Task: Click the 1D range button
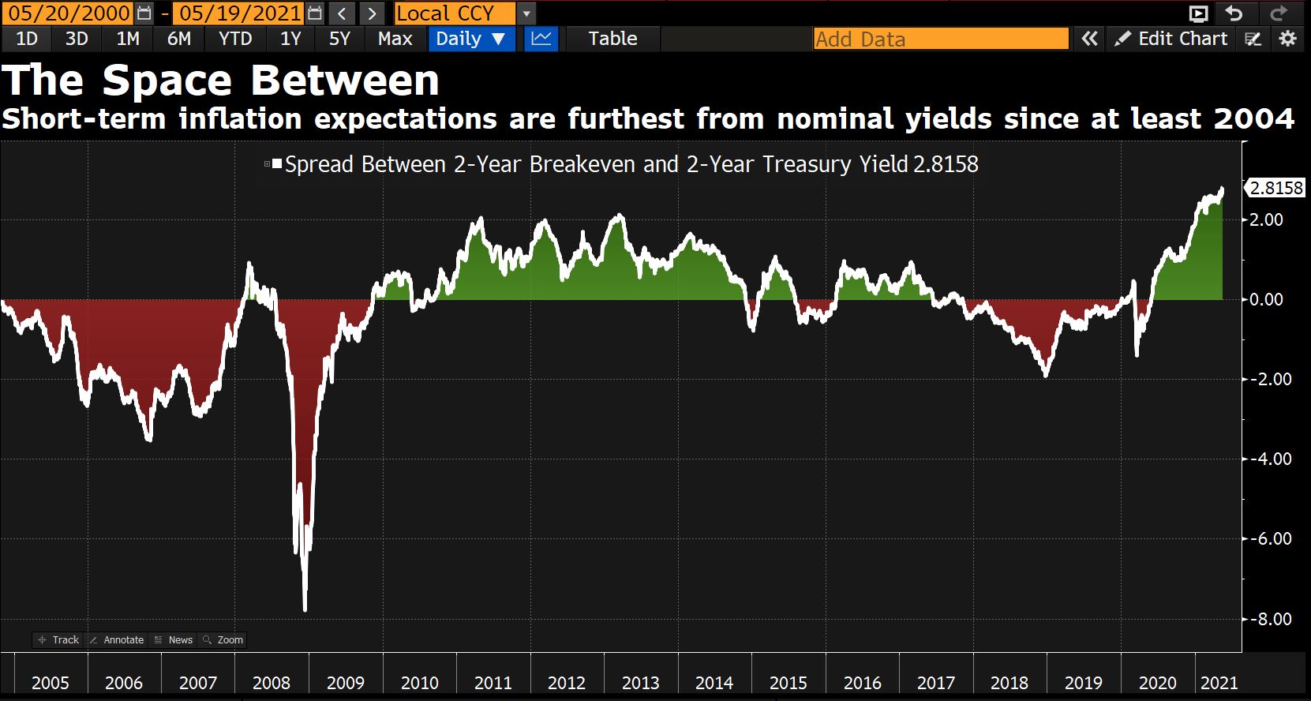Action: pyautogui.click(x=27, y=39)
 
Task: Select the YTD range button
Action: pyautogui.click(x=235, y=39)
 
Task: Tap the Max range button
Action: pyautogui.click(x=395, y=39)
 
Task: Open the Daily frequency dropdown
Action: pyautogui.click(x=471, y=39)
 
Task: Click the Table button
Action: pyautogui.click(x=612, y=39)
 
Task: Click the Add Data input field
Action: pyautogui.click(x=941, y=39)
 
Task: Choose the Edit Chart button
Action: pyautogui.click(x=1171, y=39)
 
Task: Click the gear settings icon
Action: pyautogui.click(x=1288, y=39)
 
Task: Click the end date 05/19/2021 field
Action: pyautogui.click(x=240, y=13)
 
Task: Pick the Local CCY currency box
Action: pyautogui.click(x=455, y=13)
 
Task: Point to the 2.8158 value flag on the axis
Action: pyautogui.click(x=1275, y=188)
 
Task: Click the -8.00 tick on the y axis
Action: pyautogui.click(x=1271, y=619)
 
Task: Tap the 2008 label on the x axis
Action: pyautogui.click(x=272, y=683)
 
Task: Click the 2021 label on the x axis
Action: pyautogui.click(x=1219, y=683)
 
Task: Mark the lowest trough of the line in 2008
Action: pyautogui.click(x=305, y=609)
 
